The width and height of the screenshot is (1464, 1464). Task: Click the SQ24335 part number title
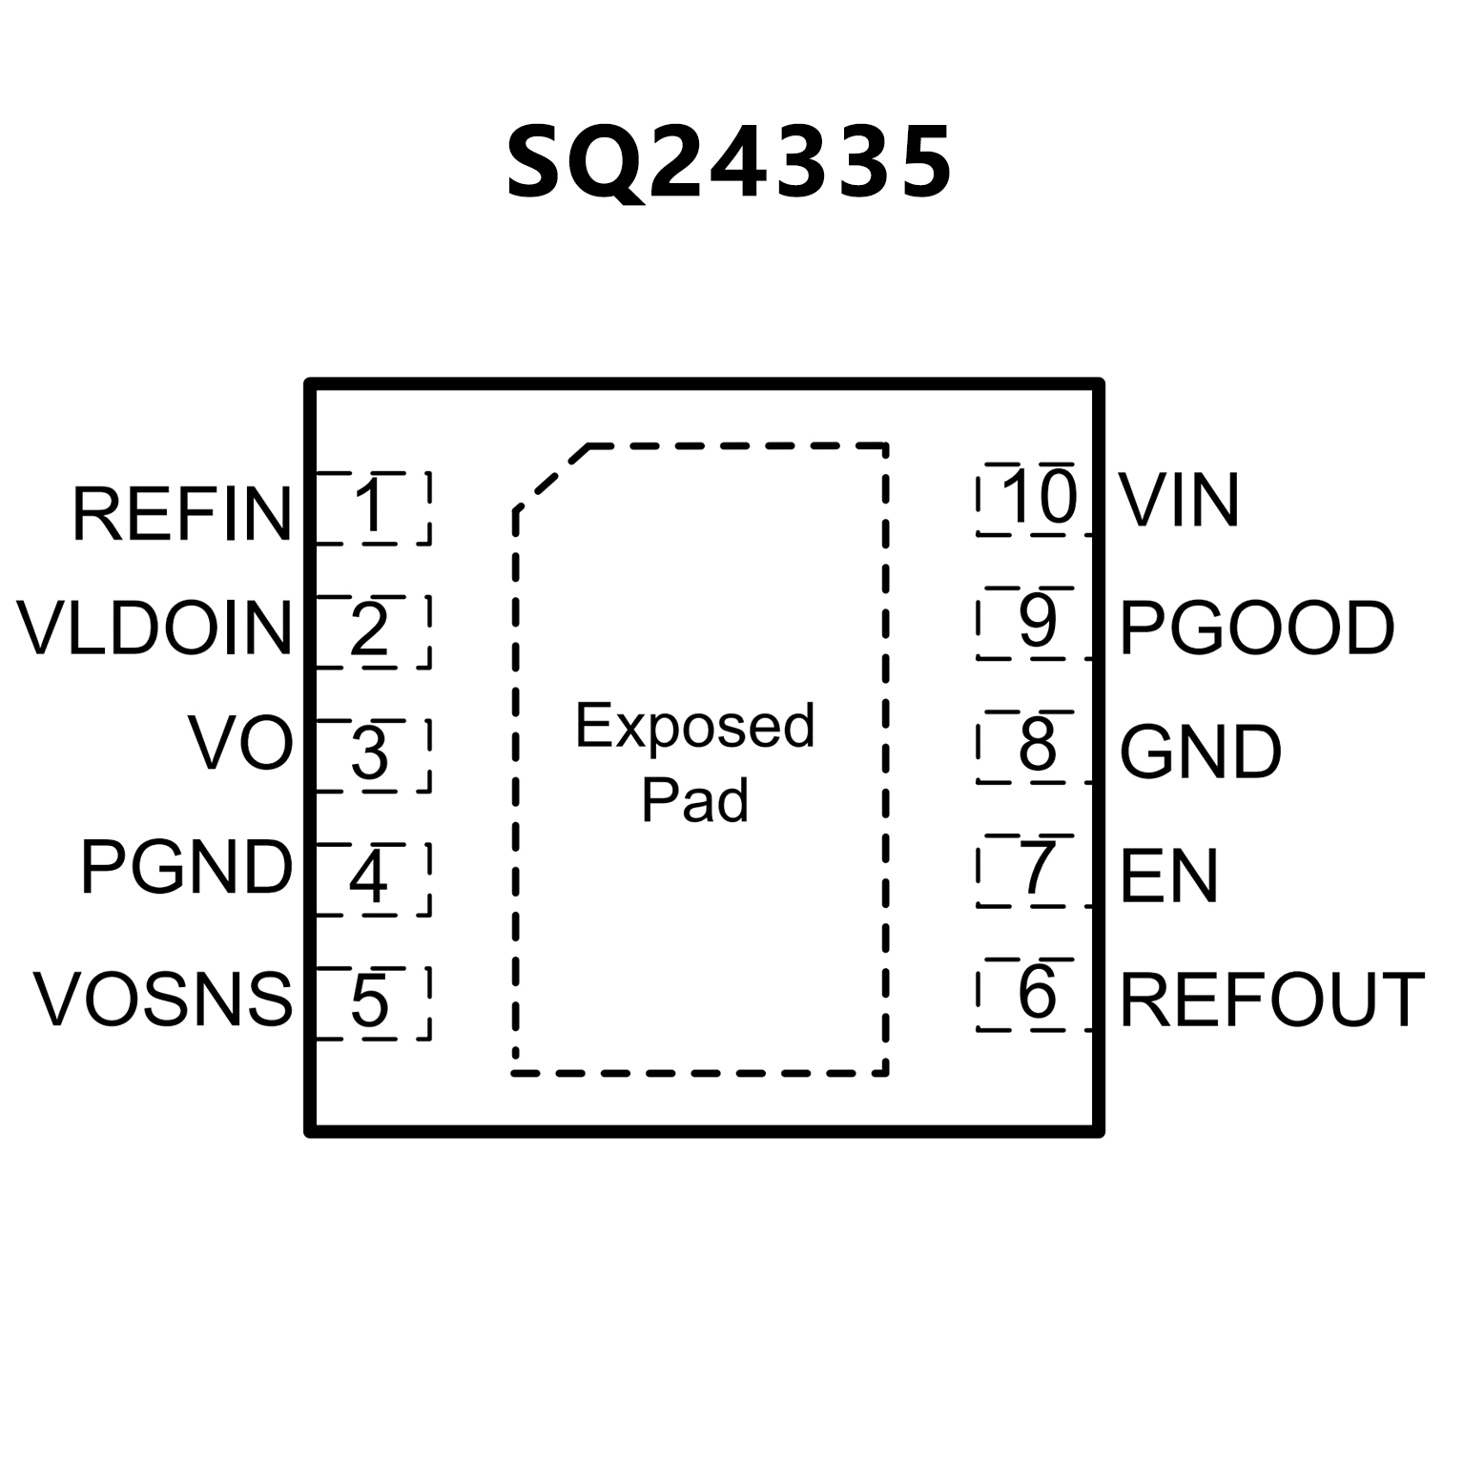pyautogui.click(x=729, y=163)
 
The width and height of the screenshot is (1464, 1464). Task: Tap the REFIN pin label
pyautogui.click(x=181, y=515)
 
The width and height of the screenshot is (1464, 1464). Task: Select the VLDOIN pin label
pyautogui.click(x=155, y=629)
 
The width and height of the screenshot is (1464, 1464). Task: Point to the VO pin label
pyautogui.click(x=240, y=744)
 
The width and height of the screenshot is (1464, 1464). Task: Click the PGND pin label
pyautogui.click(x=186, y=868)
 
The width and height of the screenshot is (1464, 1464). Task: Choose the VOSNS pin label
pyautogui.click(x=163, y=1000)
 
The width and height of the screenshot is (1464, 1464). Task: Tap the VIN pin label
pyautogui.click(x=1179, y=500)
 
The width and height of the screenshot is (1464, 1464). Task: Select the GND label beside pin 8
pyautogui.click(x=1200, y=753)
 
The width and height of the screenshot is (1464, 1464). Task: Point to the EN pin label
pyautogui.click(x=1168, y=876)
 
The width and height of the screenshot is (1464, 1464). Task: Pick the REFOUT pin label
pyautogui.click(x=1272, y=1000)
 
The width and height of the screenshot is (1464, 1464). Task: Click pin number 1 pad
pyautogui.click(x=372, y=507)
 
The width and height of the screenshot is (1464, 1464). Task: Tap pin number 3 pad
pyautogui.click(x=372, y=754)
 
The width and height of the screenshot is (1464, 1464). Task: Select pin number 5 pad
pyautogui.click(x=372, y=1001)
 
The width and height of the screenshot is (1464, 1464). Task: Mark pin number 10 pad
pyautogui.click(x=1036, y=499)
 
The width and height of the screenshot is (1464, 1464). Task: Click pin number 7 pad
pyautogui.click(x=1036, y=870)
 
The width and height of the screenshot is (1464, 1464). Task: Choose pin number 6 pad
pyautogui.click(x=1036, y=994)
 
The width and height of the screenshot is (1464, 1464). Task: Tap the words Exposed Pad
pyautogui.click(x=694, y=762)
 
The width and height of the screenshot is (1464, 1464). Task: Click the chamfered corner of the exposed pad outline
pyautogui.click(x=550, y=476)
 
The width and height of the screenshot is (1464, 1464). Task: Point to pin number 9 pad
pyautogui.click(x=1036, y=622)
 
